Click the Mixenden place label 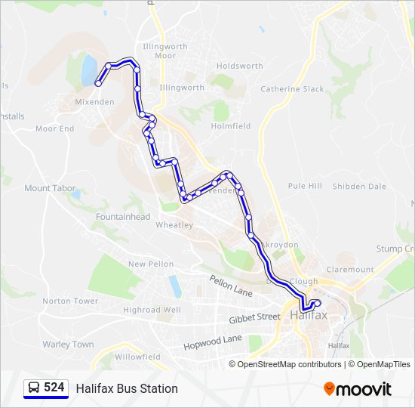point(94,101)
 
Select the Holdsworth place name point(239,66)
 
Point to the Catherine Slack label point(292,89)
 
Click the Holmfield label point(231,126)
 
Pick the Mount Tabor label point(48,188)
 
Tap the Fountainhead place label point(123,217)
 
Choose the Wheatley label point(174,225)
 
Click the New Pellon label point(151,264)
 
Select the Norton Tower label point(70,301)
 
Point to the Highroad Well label point(152,310)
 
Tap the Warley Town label point(68,345)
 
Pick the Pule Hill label point(305,186)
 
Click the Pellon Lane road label point(231,286)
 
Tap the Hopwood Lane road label point(213,342)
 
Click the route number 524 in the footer point(54,388)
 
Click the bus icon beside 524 point(33,388)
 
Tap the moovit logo point(358,389)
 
